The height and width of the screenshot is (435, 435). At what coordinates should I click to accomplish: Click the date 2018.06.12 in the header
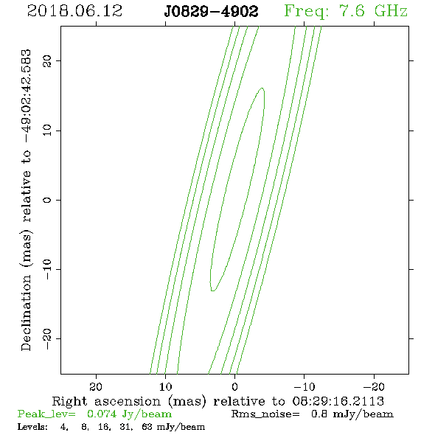click(x=75, y=11)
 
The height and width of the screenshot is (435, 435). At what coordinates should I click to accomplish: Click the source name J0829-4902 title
click(x=211, y=12)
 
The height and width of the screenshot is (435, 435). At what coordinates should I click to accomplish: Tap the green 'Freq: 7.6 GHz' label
click(x=346, y=11)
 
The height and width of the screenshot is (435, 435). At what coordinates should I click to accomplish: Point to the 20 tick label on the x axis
click(x=96, y=386)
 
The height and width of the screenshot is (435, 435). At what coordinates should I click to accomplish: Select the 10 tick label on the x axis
click(x=165, y=386)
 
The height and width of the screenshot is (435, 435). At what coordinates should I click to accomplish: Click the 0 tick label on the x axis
click(x=235, y=386)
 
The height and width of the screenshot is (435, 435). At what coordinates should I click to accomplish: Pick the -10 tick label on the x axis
click(x=304, y=386)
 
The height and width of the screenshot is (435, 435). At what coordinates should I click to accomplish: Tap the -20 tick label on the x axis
click(x=374, y=386)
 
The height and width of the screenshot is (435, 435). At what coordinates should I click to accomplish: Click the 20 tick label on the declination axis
click(x=47, y=60)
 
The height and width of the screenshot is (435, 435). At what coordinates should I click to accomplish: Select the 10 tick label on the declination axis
click(x=47, y=130)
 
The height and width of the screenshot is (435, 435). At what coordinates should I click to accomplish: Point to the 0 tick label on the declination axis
click(x=47, y=200)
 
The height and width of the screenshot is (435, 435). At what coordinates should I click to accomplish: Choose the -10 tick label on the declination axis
click(x=47, y=269)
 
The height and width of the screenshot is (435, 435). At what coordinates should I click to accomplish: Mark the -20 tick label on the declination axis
click(x=47, y=338)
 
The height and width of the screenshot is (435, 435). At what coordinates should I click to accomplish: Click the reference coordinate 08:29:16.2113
click(x=338, y=401)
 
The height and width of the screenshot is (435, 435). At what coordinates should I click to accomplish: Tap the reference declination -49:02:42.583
click(x=26, y=97)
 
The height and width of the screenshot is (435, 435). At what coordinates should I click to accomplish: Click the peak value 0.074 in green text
click(x=102, y=414)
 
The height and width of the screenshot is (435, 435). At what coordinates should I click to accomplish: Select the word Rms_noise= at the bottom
click(x=265, y=414)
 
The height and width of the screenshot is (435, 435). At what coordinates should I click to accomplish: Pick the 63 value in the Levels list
click(x=147, y=426)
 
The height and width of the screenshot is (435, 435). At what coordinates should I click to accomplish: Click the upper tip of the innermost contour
click(x=262, y=88)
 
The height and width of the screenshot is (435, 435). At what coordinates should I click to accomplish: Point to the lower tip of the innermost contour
click(x=212, y=290)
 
